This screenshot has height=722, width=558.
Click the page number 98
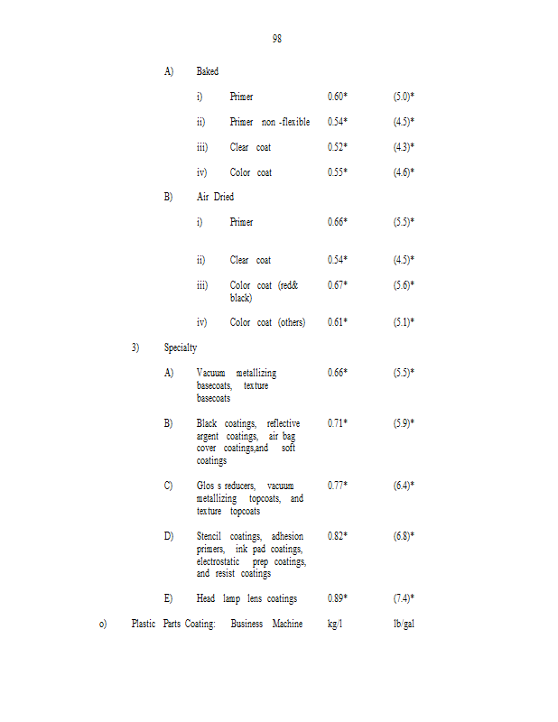pyautogui.click(x=276, y=39)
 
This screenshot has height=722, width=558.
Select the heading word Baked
pyautogui.click(x=207, y=71)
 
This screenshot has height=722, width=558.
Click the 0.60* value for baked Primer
pyautogui.click(x=338, y=97)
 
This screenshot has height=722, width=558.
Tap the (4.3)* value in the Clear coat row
pyautogui.click(x=404, y=147)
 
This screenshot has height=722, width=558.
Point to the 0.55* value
pyautogui.click(x=338, y=172)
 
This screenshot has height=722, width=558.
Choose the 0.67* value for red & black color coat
pyautogui.click(x=338, y=285)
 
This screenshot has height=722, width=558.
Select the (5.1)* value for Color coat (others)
pyautogui.click(x=404, y=322)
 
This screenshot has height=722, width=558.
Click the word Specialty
pyautogui.click(x=181, y=347)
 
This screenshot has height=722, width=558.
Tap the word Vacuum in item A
pyautogui.click(x=210, y=373)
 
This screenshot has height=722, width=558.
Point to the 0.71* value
pyautogui.click(x=338, y=422)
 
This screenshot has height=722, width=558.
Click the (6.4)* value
pyautogui.click(x=404, y=486)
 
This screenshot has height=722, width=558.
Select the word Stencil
pyautogui.click(x=209, y=536)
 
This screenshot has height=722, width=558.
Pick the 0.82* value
pyautogui.click(x=338, y=536)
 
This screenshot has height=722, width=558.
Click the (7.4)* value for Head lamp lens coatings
pyautogui.click(x=404, y=598)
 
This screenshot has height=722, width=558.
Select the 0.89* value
pyautogui.click(x=338, y=598)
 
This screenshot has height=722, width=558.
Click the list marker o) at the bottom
pyautogui.click(x=103, y=624)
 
